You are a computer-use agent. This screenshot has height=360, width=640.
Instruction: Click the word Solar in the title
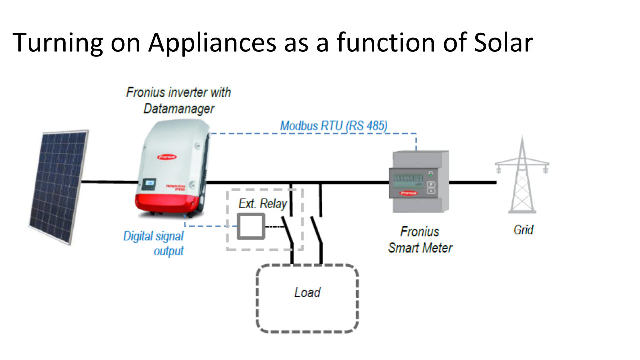[x=502, y=43]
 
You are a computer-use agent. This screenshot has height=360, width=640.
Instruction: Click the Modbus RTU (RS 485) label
[x=334, y=126]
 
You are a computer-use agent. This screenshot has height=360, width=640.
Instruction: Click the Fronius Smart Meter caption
[x=420, y=239]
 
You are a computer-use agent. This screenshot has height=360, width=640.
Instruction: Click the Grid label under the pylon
[x=523, y=230]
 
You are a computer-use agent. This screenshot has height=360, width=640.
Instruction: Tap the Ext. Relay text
[x=263, y=204]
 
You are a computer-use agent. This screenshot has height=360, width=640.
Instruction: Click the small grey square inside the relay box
[x=250, y=226]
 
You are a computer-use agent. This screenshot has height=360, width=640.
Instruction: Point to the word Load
[x=307, y=292]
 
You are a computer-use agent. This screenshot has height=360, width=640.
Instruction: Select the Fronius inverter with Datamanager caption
[x=178, y=100]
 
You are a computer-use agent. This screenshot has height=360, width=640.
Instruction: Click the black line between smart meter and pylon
[x=472, y=182]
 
